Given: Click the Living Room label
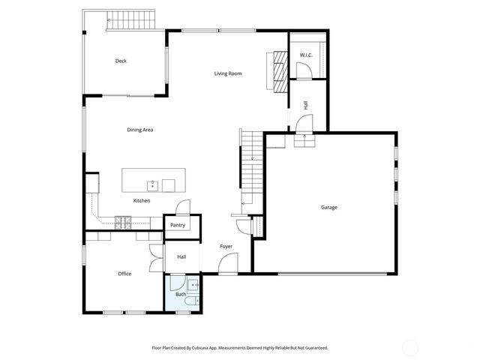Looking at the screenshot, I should (228, 73).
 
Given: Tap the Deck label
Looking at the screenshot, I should (120, 61).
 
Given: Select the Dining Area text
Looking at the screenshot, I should (140, 130).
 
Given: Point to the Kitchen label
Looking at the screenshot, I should (142, 201).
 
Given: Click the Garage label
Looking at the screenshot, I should (329, 207).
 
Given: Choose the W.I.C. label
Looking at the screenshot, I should (305, 55).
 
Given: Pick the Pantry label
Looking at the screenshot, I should (178, 225).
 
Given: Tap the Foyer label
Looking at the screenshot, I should (226, 247).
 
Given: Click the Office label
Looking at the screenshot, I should (124, 274).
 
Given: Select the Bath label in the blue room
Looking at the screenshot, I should (181, 294).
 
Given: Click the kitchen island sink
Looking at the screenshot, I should (151, 184).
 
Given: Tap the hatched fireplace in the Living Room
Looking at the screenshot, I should (279, 72).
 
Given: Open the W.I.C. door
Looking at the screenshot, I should (304, 71).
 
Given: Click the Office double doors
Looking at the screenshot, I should (155, 259).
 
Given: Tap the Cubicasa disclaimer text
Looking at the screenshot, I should (240, 348).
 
